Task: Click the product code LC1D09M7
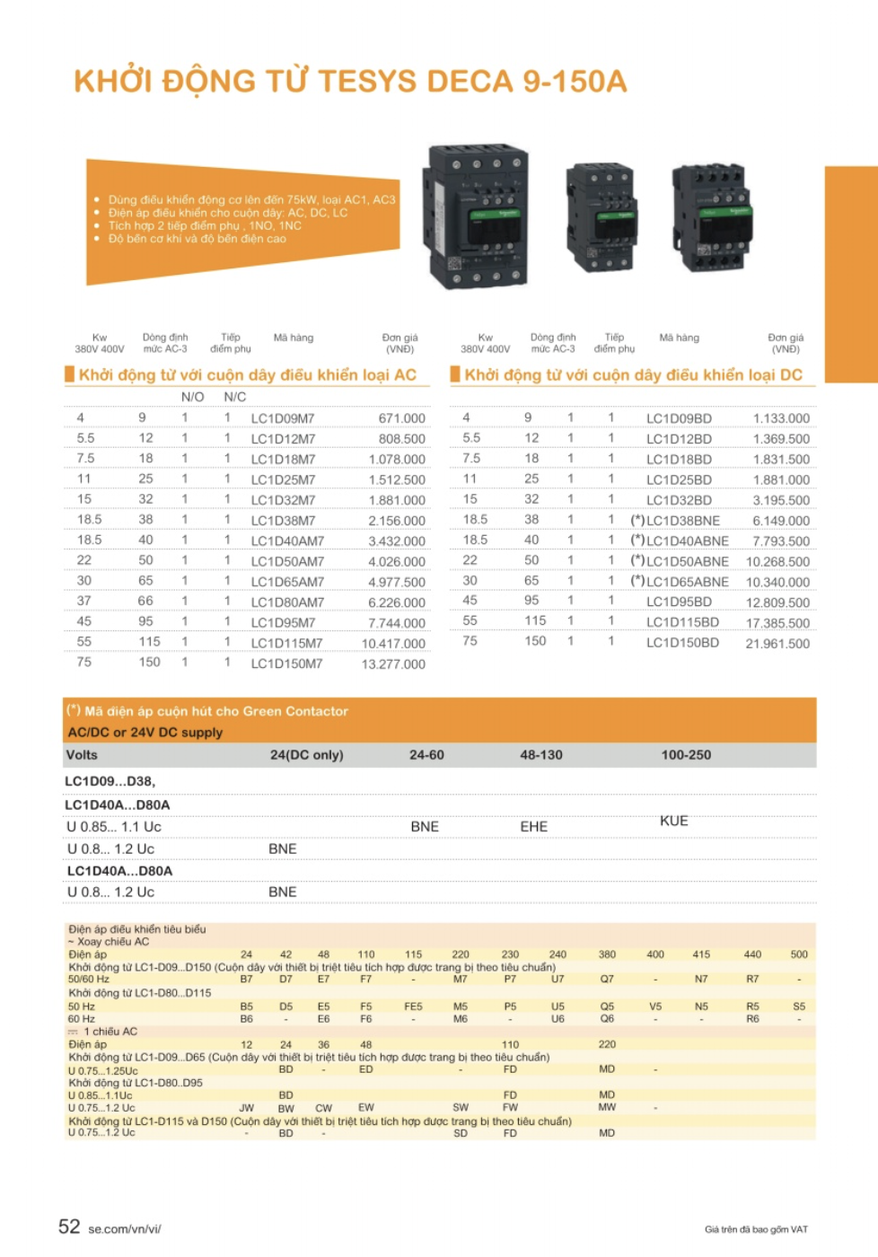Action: pos(283,418)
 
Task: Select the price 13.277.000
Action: pos(393,664)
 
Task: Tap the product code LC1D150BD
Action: pos(682,643)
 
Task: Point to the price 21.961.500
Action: pos(777,644)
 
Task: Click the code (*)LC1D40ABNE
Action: pos(679,541)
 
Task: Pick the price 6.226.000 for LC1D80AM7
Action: pos(397,602)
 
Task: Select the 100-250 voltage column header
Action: pos(686,755)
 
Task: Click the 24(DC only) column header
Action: pos(306,755)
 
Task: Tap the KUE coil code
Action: pos(673,821)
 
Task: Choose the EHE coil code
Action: pos(533,826)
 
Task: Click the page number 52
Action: pos(69,1226)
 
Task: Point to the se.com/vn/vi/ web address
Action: pos(125,1229)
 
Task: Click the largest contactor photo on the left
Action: pos(475,216)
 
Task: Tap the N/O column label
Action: pos(192,397)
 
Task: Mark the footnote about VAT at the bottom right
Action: pos(756,1229)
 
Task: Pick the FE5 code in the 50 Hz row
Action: pos(413,1006)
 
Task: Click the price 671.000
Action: pos(401,418)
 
